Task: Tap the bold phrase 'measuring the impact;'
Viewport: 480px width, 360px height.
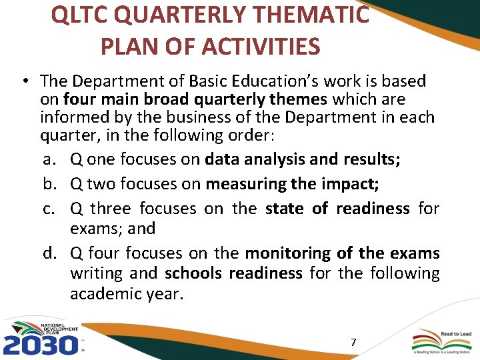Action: point(293,184)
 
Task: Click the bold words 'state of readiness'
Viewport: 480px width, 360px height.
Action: point(337,209)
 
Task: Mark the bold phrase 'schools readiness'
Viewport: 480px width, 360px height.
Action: point(233,273)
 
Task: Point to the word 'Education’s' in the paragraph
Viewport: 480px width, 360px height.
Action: point(267,81)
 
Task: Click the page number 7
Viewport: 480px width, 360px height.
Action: point(353,343)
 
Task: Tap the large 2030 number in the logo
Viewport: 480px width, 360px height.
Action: point(40,345)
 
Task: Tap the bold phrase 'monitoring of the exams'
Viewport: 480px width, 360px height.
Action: point(342,253)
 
